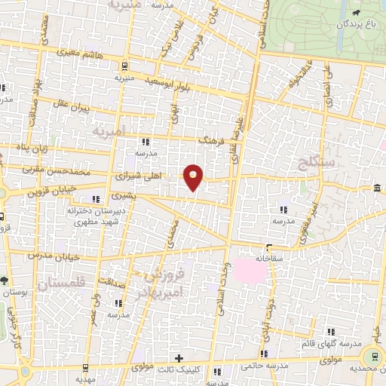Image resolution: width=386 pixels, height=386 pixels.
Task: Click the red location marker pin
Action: [194, 177]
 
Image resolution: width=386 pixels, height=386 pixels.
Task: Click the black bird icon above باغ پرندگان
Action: [354, 13]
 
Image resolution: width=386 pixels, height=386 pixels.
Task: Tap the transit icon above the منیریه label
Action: [124, 66]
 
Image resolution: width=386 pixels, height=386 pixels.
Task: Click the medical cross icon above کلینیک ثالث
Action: [179, 357]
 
